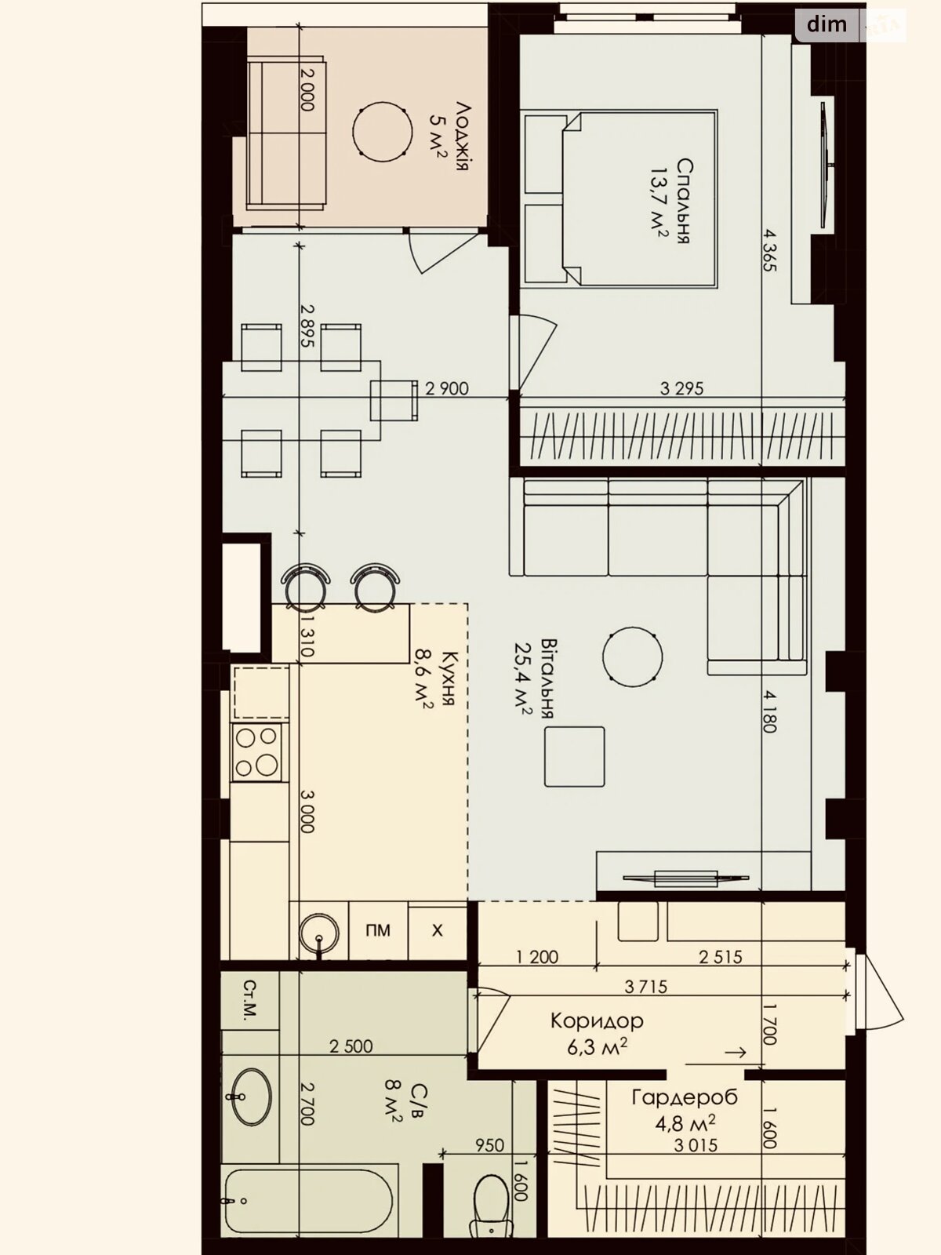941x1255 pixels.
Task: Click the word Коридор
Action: tap(597, 1020)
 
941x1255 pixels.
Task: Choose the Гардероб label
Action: tap(685, 1097)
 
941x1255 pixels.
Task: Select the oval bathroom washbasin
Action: tap(251, 1097)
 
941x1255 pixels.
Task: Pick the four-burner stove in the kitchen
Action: tap(256, 752)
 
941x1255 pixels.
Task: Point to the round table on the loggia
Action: tap(382, 132)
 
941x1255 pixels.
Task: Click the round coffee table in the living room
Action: tap(633, 657)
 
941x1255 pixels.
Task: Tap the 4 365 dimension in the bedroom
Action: tap(769, 250)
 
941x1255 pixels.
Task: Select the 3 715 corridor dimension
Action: tap(645, 986)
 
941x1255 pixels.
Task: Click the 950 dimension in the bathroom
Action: tap(490, 1144)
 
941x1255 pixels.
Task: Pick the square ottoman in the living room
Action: tap(574, 756)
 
